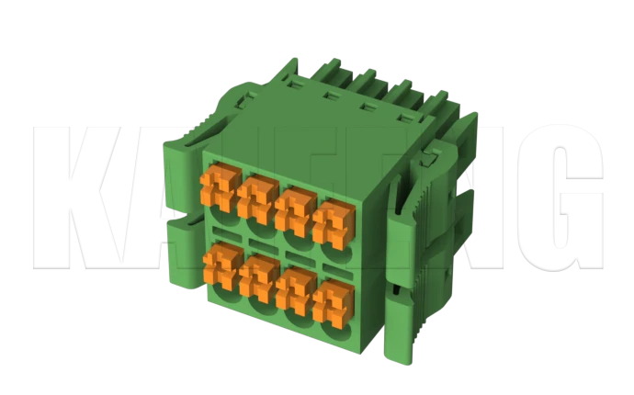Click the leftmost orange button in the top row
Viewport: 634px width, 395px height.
[x=218, y=186]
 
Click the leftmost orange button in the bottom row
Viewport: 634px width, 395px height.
[x=221, y=263]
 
